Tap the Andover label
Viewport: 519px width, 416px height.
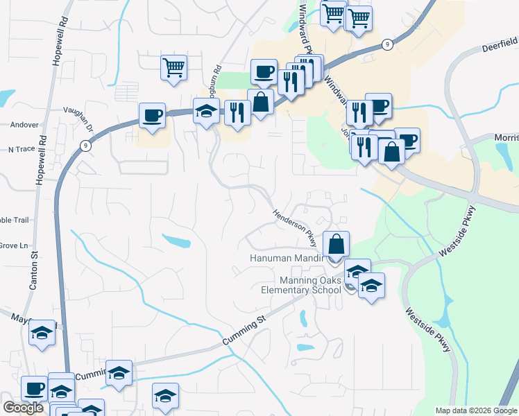24,125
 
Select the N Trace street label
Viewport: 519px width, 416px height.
21,149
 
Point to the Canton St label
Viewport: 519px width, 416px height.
33,270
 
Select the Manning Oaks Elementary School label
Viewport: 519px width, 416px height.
311,285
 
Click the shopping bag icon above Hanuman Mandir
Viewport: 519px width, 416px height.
336,245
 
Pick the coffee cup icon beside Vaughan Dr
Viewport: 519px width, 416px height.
152,116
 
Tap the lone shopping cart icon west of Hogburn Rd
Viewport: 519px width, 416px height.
173,68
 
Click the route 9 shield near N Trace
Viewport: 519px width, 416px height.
85,146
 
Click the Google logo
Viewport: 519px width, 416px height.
23,408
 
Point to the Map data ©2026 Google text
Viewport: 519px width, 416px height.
476,410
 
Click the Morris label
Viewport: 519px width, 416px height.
506,138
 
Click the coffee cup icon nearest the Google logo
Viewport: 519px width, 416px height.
35,389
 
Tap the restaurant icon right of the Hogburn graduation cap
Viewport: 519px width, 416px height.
237,112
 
